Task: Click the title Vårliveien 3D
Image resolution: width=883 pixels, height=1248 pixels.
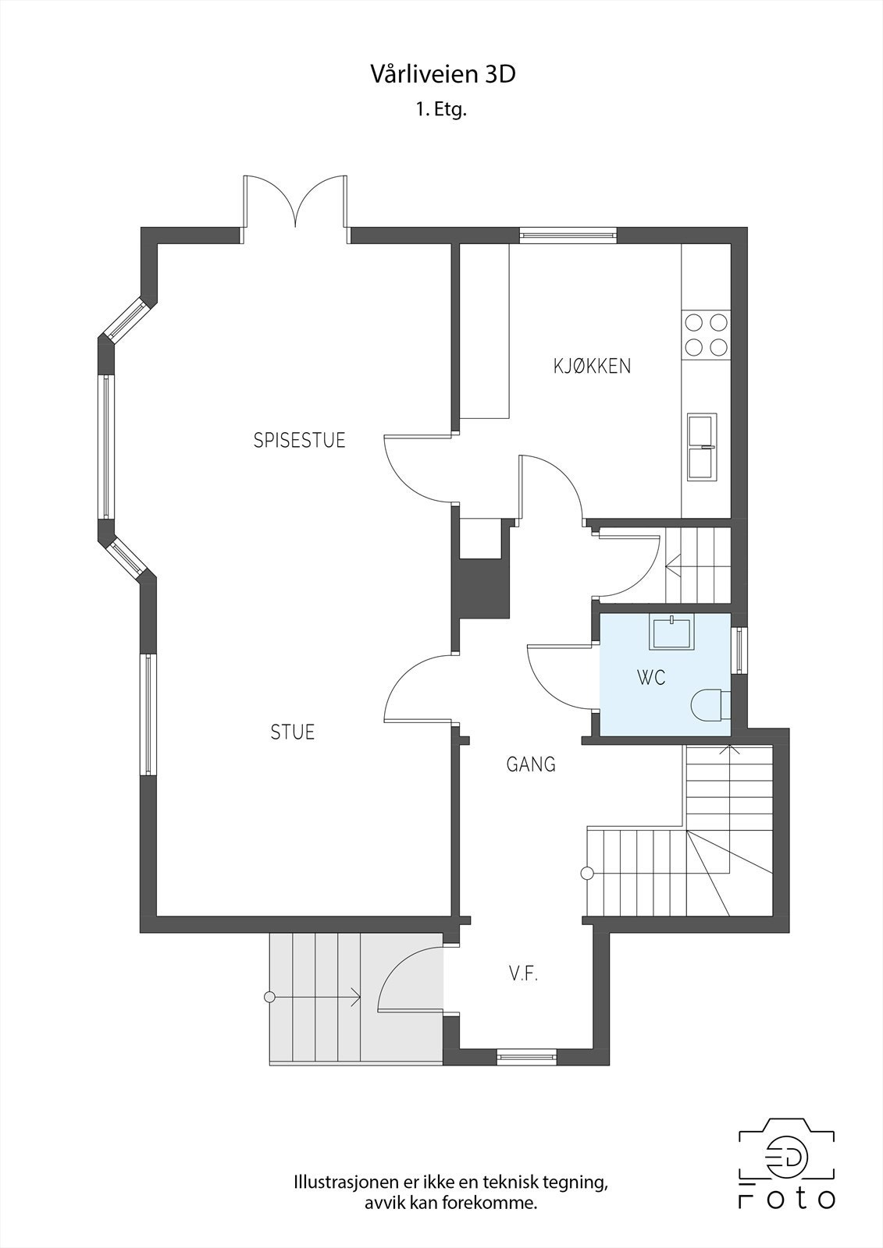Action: [x=442, y=75]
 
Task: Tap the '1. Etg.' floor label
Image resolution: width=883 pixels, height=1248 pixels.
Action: [x=441, y=110]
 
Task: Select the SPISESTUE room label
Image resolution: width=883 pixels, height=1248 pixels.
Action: [x=299, y=441]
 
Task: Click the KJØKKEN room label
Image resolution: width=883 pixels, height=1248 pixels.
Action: [x=592, y=366]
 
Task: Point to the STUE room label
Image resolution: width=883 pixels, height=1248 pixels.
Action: [x=293, y=732]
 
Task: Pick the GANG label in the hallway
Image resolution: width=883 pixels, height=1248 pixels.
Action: [x=531, y=764]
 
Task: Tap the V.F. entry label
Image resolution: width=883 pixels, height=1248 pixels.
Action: [x=523, y=973]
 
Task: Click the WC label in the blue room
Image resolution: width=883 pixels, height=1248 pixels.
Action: [x=651, y=678]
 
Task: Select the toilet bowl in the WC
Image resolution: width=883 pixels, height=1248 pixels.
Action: [x=709, y=704]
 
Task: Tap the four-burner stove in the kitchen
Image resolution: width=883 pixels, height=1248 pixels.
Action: [x=705, y=334]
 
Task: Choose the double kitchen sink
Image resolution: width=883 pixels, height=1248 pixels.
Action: [x=701, y=447]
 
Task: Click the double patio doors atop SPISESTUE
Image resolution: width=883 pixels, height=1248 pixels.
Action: [x=295, y=204]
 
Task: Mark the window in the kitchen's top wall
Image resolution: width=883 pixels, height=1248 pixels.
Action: [x=568, y=235]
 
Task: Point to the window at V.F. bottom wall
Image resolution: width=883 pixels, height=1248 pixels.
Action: [x=527, y=1058]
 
